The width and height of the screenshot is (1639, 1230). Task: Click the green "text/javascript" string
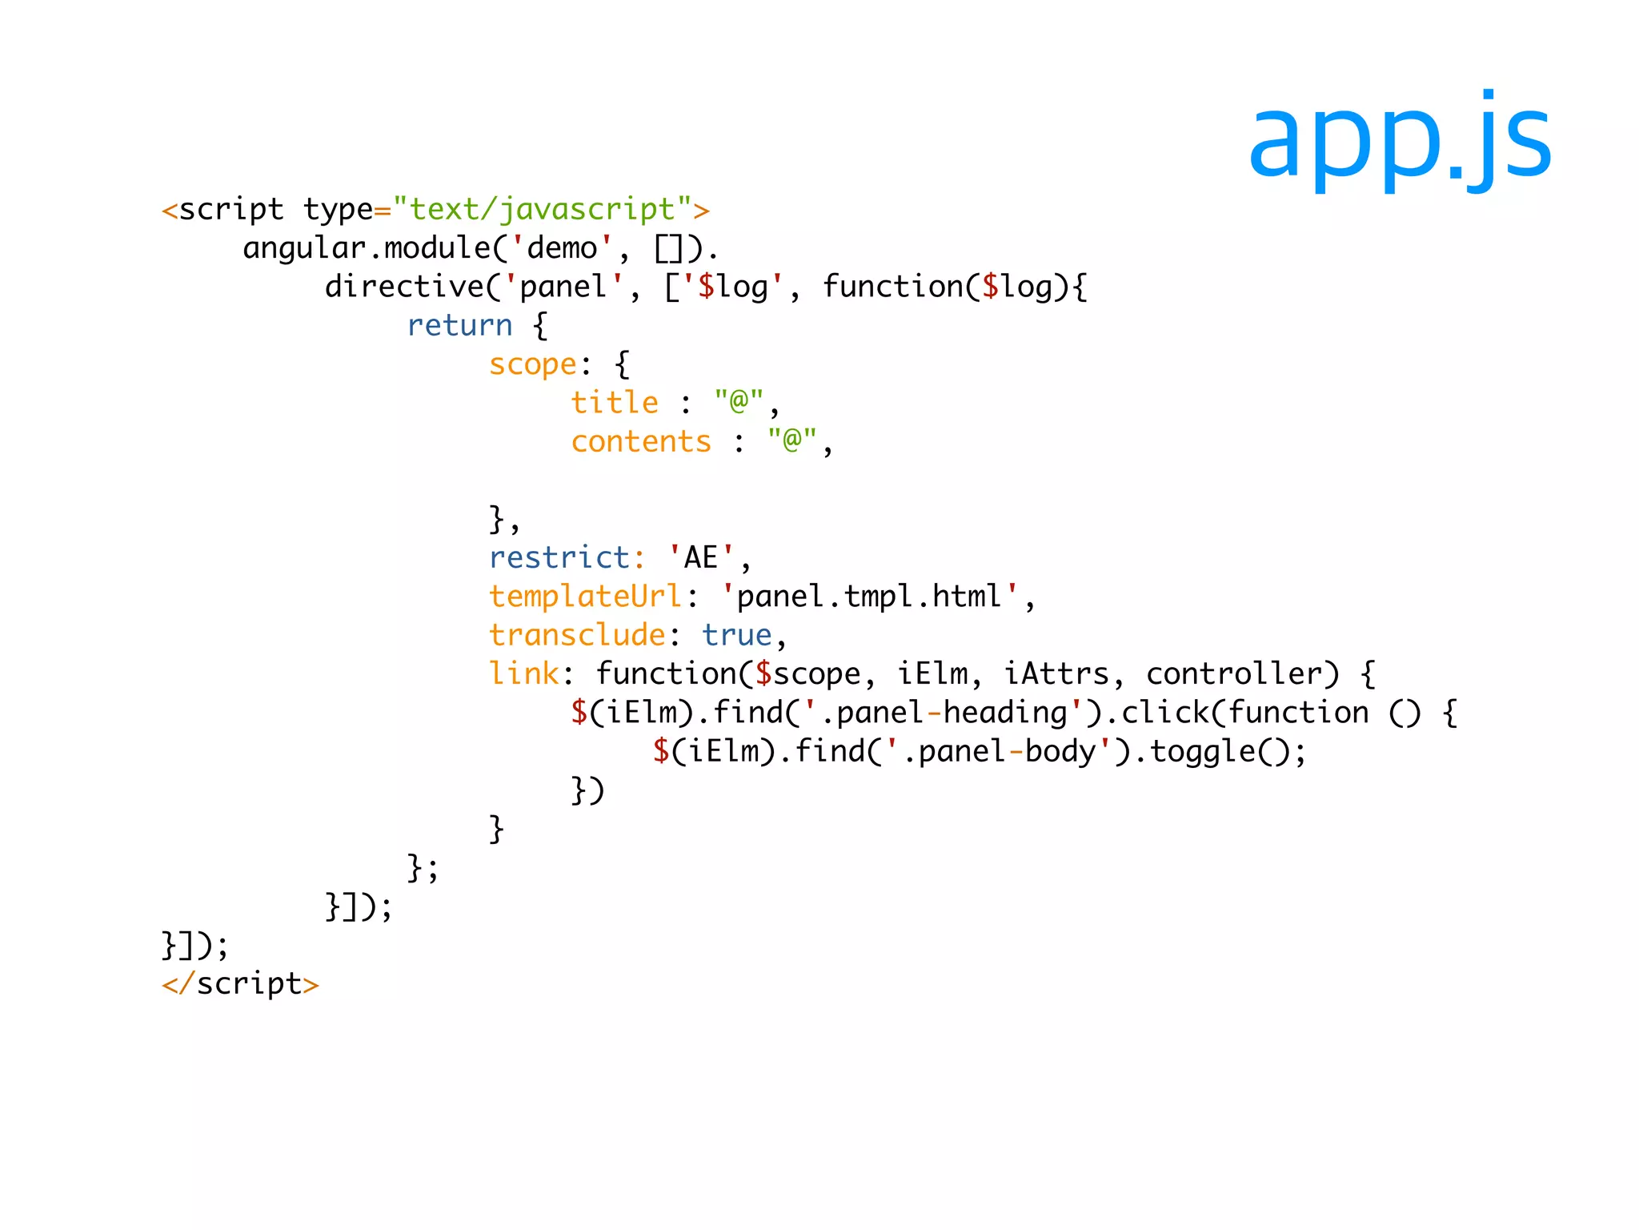coord(542,210)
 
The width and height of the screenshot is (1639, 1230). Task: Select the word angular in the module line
coord(304,249)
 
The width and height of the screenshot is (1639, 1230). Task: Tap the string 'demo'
coord(562,248)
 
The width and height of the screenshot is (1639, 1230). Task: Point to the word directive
coord(405,287)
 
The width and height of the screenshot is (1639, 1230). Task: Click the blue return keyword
coord(459,326)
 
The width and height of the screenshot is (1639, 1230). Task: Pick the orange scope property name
coord(533,364)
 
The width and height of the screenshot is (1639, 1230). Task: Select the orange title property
coord(615,403)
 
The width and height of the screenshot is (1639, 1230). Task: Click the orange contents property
coord(641,442)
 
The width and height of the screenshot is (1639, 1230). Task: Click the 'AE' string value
coord(700,557)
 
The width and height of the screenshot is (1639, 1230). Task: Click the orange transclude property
coord(577,635)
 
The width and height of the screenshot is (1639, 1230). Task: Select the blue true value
coord(736,635)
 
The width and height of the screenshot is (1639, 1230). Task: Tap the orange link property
coord(524,673)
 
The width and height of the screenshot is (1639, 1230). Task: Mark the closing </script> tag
coord(240,983)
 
